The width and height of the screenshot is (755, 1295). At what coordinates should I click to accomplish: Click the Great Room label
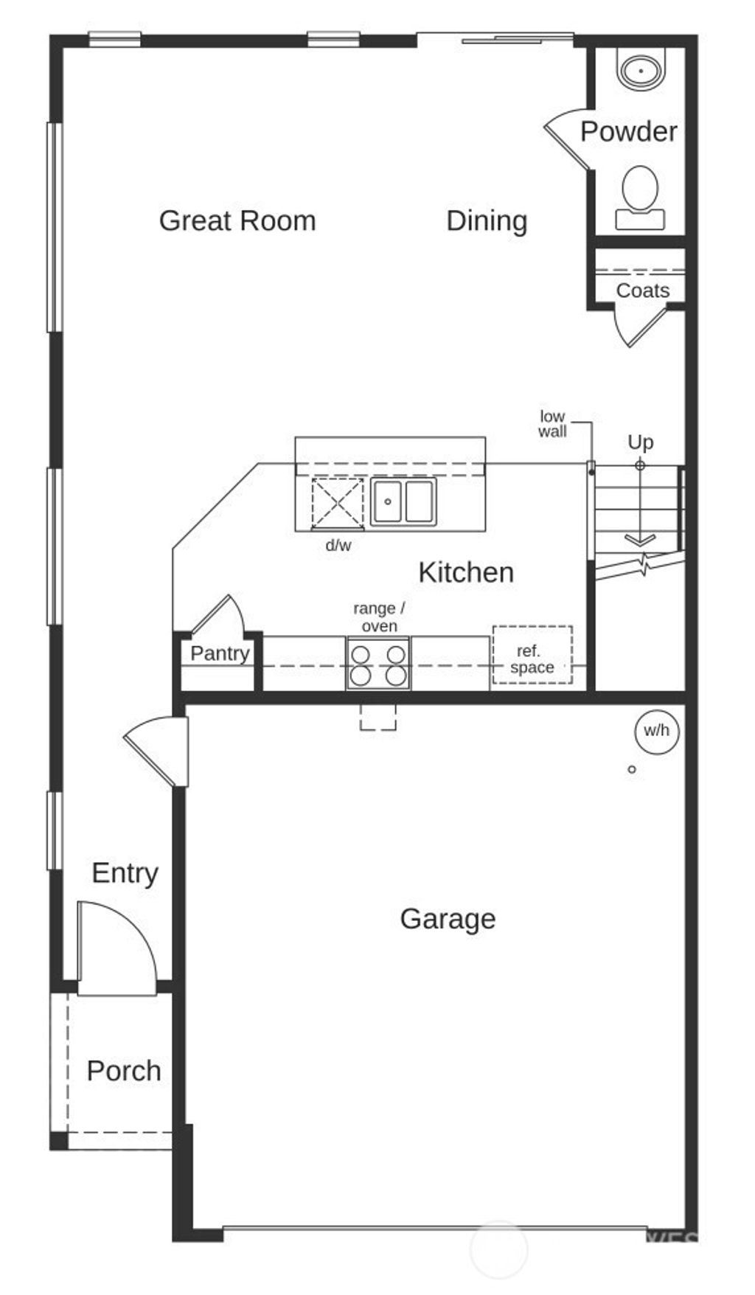click(237, 221)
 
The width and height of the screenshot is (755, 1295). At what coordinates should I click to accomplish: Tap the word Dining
click(487, 221)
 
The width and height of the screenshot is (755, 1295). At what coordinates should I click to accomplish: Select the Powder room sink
click(641, 71)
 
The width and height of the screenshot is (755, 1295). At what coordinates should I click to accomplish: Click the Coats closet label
click(642, 291)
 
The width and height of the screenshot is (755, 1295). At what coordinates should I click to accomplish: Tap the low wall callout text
click(552, 424)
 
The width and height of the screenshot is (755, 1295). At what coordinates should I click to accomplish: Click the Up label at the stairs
click(640, 442)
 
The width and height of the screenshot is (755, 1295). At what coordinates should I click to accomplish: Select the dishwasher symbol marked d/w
click(338, 504)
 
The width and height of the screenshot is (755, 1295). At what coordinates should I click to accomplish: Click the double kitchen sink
click(403, 501)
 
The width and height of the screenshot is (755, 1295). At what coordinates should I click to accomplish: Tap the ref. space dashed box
click(532, 655)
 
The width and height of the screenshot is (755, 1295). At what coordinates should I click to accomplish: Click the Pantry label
click(220, 653)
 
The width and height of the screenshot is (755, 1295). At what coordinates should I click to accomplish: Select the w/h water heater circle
click(656, 731)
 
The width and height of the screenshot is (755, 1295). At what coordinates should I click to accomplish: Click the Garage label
click(448, 919)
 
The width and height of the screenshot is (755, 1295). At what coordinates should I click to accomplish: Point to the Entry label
click(125, 873)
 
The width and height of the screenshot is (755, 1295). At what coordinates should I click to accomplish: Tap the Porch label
click(124, 1071)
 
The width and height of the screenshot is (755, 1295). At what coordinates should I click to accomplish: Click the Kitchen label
click(466, 572)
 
